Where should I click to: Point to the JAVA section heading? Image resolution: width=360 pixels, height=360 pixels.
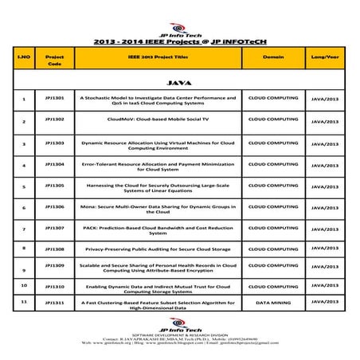click(x=179, y=81)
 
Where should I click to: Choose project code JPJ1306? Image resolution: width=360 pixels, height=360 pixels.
click(x=55, y=205)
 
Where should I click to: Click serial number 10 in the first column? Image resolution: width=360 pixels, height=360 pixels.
click(x=25, y=284)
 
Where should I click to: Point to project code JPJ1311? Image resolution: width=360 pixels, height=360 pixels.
click(x=55, y=303)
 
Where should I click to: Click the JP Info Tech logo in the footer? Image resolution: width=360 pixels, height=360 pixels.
click(x=180, y=329)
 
